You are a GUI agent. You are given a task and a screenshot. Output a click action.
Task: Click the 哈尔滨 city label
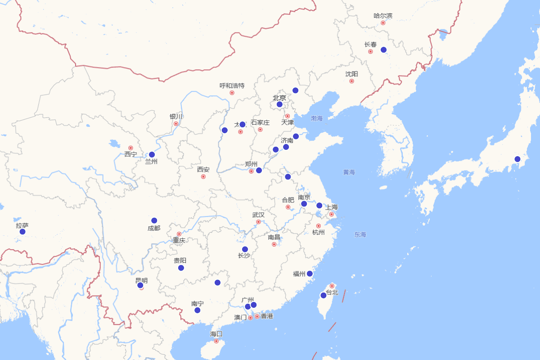coord(383,16)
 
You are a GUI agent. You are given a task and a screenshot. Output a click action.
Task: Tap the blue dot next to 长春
coord(383,50)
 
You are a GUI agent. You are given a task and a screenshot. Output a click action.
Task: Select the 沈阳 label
coord(352,74)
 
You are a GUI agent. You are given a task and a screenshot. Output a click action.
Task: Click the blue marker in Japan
coord(517,159)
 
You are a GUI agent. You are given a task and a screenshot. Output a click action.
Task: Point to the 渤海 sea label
coord(317,118)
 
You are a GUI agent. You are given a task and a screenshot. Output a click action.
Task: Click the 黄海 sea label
coord(349,172)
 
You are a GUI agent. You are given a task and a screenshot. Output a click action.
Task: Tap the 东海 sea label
coord(360,234)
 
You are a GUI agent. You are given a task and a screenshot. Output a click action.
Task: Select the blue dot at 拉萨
coord(22,232)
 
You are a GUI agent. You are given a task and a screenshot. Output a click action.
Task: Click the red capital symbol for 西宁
coord(130,148)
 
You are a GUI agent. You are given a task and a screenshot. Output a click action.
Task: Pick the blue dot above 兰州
coord(152,155)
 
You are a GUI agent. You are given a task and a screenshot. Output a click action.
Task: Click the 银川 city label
coord(176,117)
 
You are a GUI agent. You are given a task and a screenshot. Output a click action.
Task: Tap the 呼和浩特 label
coord(232,85)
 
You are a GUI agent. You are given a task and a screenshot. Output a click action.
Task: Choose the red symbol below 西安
coord(203,177)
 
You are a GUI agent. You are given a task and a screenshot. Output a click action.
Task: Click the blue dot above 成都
coord(154,220)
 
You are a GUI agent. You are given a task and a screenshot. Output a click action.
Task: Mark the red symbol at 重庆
coord(179,234)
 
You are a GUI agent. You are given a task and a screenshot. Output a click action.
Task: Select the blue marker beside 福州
coord(310,274)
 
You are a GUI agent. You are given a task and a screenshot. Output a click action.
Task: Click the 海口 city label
coord(216,334)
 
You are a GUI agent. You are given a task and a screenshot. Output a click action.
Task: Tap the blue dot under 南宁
coord(197,310)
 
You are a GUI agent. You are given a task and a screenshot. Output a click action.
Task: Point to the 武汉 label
coord(258,215)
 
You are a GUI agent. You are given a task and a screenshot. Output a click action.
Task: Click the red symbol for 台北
coord(332,286)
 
